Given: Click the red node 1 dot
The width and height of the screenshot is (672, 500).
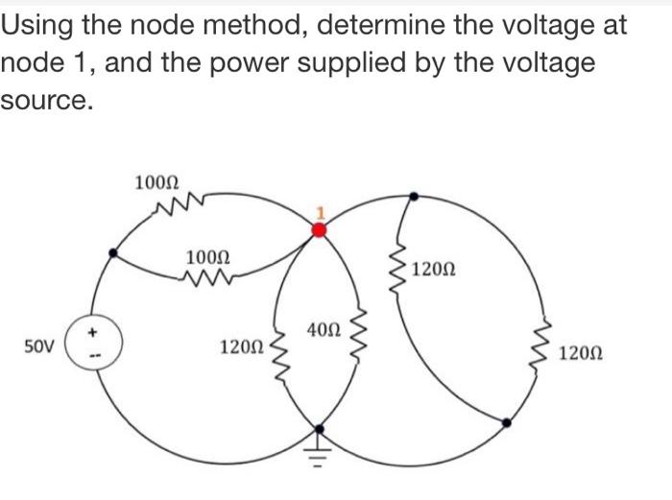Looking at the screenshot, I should pos(321,228).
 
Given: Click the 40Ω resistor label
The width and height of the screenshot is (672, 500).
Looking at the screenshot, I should pos(324,330).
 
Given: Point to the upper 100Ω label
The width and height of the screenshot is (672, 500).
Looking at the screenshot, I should pos(156,181).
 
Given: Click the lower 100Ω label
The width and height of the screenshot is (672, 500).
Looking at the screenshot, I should pos(206,258).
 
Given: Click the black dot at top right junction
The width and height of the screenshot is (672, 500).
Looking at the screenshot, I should pos(414,196).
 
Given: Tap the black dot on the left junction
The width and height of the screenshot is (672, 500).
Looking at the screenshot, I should pos(114,253).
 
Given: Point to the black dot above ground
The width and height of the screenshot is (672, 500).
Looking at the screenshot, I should pos(321,428).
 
